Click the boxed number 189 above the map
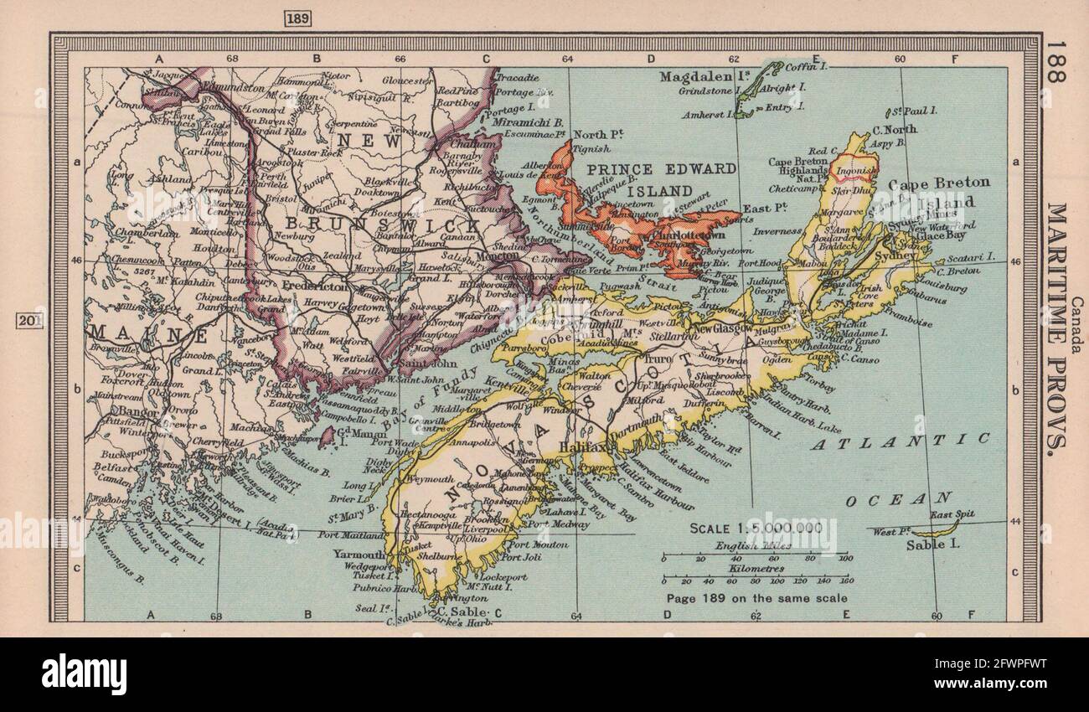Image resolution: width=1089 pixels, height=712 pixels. (297, 18)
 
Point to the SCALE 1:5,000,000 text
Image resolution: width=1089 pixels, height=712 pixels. (756, 529)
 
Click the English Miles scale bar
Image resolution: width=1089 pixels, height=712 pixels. (755, 556)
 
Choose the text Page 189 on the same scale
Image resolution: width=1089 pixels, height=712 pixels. (756, 599)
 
